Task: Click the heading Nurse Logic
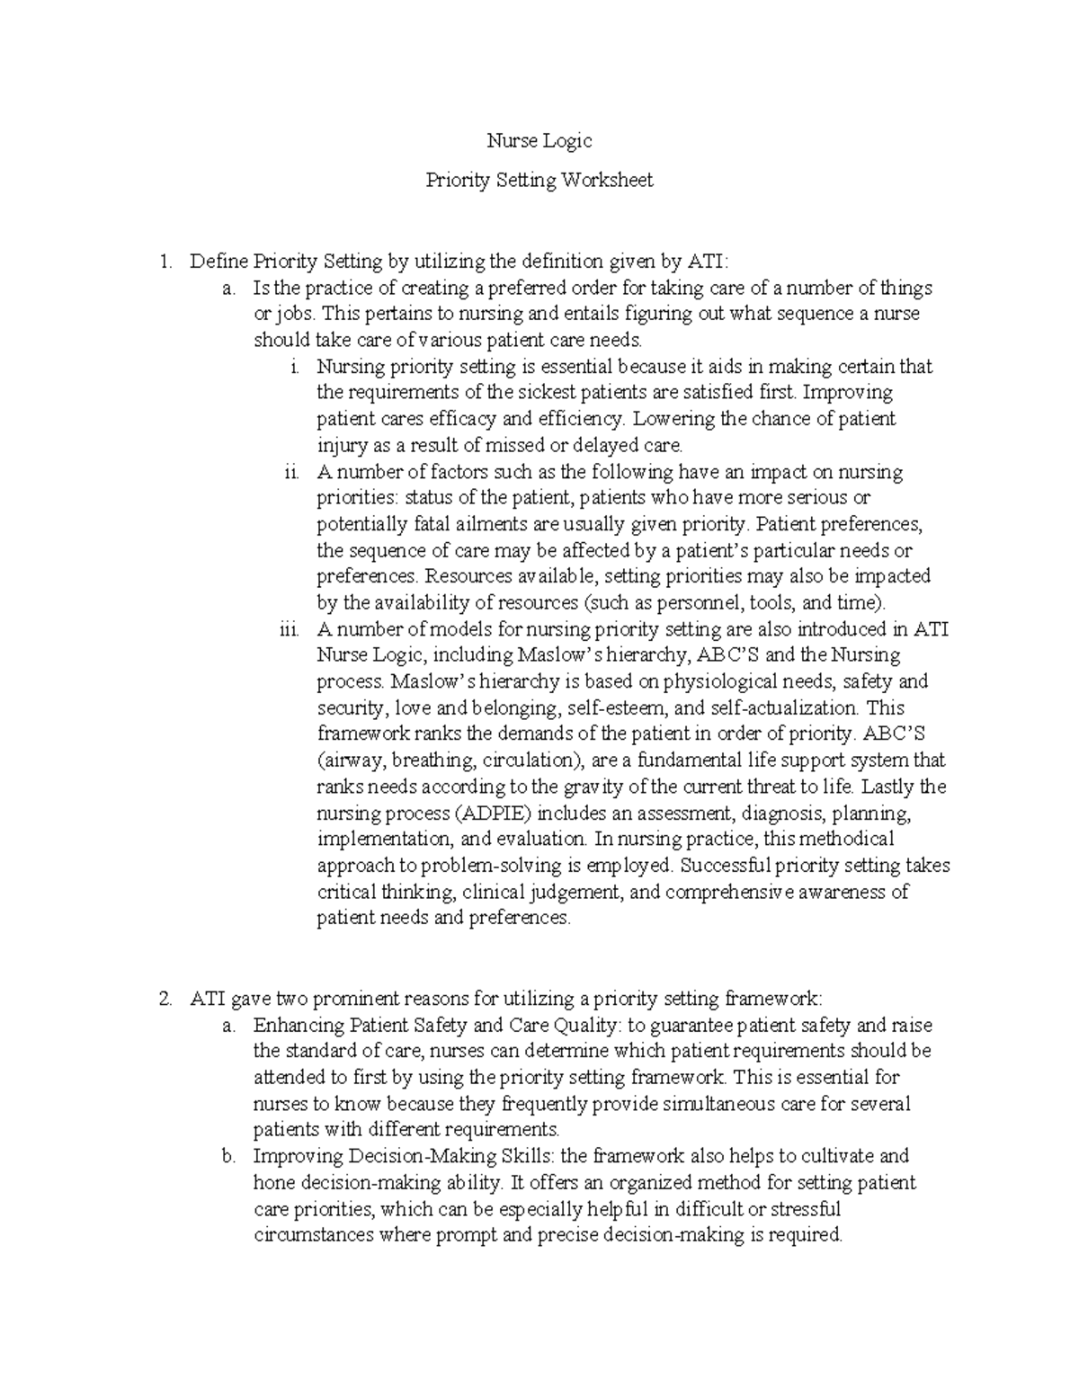pyautogui.click(x=539, y=141)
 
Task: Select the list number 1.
pyautogui.click(x=164, y=262)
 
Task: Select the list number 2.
pyautogui.click(x=164, y=999)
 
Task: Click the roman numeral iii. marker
pyautogui.click(x=288, y=629)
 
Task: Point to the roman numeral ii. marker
pyautogui.click(x=290, y=472)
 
